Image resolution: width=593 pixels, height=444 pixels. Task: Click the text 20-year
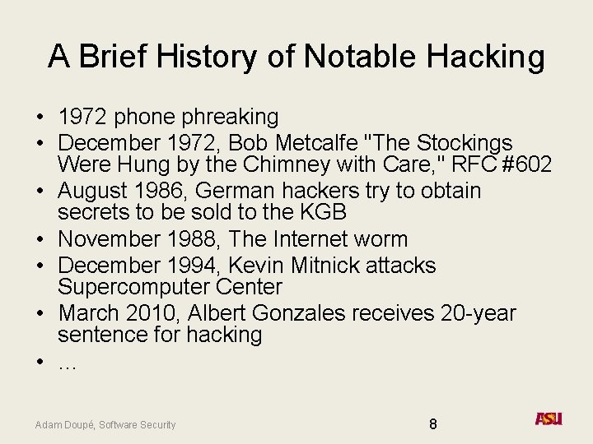(479, 313)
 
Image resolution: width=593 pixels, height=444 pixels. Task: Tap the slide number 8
(433, 424)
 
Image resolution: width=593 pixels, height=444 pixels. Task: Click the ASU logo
(549, 419)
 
